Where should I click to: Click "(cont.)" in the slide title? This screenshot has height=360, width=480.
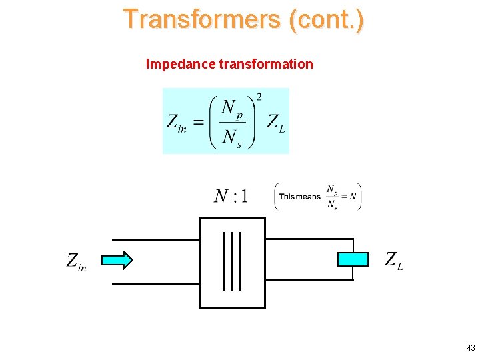327,19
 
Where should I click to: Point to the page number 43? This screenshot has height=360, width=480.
471,348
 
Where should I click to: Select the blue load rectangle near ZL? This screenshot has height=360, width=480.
353,259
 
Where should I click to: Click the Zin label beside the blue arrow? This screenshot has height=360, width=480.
76,261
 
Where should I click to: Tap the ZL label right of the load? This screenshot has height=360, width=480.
393,260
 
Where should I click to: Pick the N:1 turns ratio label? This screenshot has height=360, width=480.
231,196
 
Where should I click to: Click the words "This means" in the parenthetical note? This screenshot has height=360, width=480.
299,197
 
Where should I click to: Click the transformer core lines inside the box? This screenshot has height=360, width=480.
232,261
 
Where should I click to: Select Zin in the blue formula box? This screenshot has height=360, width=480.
176,123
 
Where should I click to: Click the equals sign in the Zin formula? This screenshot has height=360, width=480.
198,122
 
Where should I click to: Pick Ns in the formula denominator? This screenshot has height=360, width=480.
232,138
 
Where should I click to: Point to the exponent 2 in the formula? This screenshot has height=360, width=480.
259,97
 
